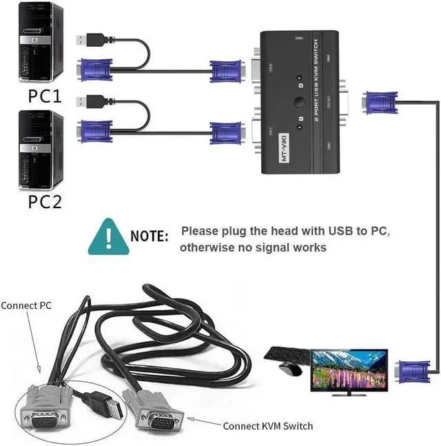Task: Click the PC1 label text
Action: pos(45,96)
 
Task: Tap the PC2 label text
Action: pos(45,201)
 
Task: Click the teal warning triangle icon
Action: pos(107,236)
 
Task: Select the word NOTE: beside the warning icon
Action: pos(150,236)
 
